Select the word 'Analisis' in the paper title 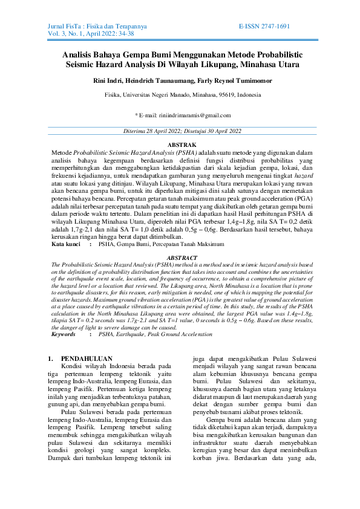80,54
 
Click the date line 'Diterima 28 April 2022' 154,131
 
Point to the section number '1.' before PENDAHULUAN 50,358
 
